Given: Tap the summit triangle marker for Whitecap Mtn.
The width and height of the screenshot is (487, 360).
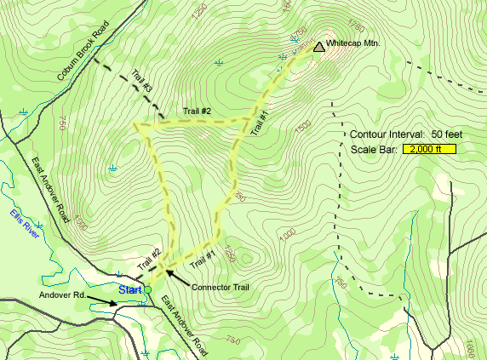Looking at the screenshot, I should coord(318,48).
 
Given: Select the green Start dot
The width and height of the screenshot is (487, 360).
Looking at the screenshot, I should coord(147,290).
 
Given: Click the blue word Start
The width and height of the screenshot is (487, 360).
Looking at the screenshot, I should coord(129,290).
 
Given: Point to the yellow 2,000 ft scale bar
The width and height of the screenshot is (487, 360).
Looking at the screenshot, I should coord(432,149).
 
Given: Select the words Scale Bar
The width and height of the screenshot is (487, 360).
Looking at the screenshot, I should coord(373,150).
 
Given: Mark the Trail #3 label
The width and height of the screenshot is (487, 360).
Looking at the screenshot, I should coord(141,81).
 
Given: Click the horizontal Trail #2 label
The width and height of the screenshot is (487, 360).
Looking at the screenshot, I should coord(197,111).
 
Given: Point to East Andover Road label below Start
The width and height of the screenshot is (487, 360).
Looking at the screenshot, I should coord(181,323).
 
